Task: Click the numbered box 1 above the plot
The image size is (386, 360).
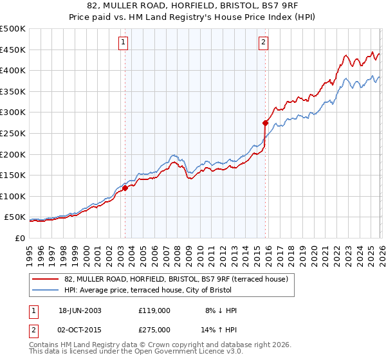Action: (x=123, y=43)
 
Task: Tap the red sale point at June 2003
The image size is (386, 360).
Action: (x=125, y=188)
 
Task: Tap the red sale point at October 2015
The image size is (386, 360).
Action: (x=265, y=122)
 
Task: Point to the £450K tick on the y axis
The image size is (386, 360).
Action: (x=13, y=50)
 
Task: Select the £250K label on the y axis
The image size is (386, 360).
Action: (x=13, y=133)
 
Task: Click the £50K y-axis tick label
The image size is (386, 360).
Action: (x=15, y=217)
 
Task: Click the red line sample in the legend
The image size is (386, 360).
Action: (x=46, y=278)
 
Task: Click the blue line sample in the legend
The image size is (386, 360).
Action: (x=46, y=290)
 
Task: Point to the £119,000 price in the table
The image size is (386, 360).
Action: (x=154, y=310)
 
